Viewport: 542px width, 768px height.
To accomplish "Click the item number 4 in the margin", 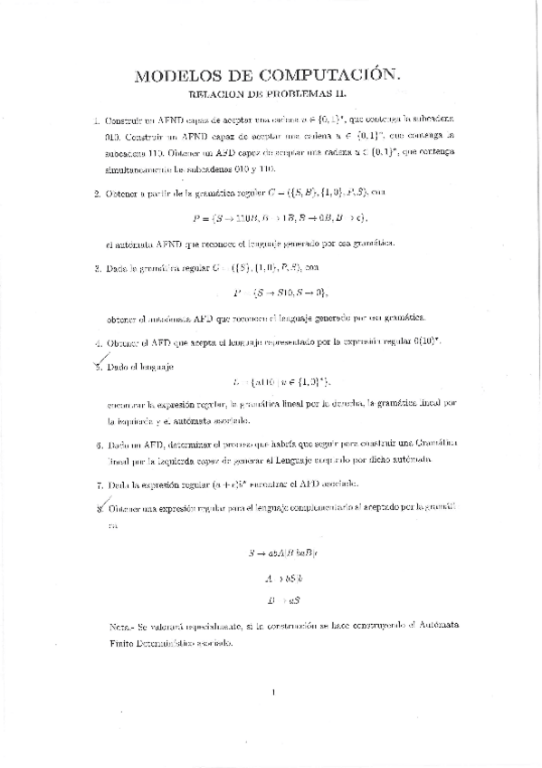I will [x=97, y=344].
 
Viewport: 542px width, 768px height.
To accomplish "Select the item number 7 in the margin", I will [x=97, y=485].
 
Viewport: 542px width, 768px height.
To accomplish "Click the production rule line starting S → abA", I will [x=278, y=551].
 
